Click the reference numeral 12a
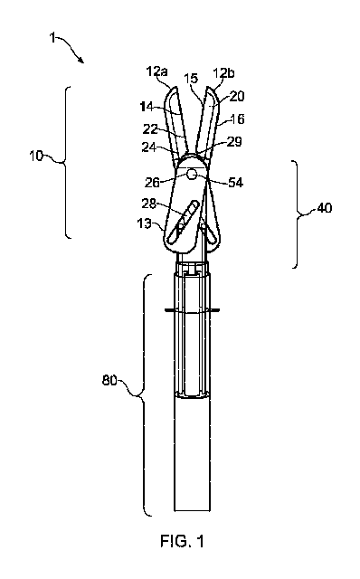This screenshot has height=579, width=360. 156,71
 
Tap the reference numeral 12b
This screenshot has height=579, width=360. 223,73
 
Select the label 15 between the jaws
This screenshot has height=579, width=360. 191,79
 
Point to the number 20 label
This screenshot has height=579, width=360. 237,97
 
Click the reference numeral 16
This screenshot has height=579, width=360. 237,119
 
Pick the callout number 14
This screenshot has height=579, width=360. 147,107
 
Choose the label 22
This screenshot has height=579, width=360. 150,129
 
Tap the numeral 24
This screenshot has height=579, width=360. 149,147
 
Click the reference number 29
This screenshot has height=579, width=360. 234,141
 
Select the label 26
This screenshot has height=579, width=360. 152,182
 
